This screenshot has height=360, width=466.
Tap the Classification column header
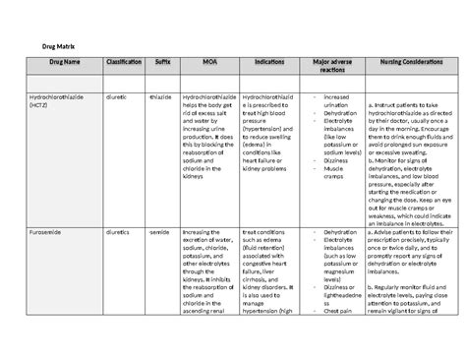click(122, 62)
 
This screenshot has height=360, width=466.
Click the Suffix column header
click(162, 62)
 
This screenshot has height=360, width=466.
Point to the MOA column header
click(210, 62)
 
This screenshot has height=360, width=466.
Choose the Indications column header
click(268, 62)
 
